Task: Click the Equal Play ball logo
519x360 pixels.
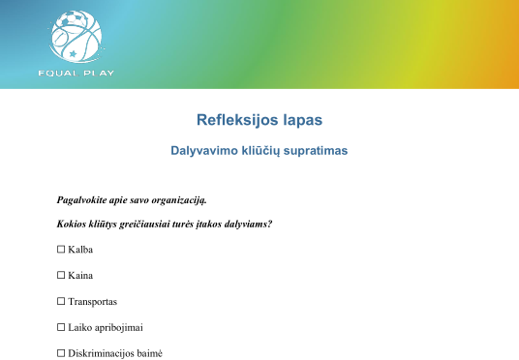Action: (76, 37)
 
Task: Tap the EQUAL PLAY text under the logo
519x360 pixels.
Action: (76, 74)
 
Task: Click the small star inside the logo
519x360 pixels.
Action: (73, 53)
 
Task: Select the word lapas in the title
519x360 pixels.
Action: (303, 120)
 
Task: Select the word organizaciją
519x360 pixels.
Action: (179, 200)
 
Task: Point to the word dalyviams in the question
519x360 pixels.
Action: (248, 224)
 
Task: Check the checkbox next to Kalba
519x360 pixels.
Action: (61, 249)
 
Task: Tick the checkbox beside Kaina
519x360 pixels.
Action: (61, 275)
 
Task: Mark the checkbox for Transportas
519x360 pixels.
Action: (61, 301)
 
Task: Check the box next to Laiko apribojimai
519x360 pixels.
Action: (61, 327)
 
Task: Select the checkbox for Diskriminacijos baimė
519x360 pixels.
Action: (61, 353)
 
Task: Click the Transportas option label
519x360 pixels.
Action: (93, 302)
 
